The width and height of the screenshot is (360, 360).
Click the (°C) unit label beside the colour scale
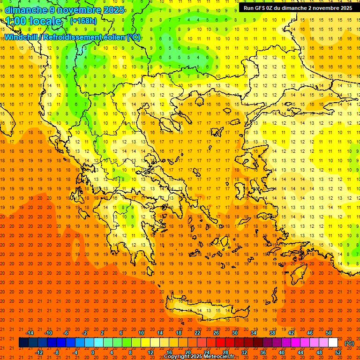349,343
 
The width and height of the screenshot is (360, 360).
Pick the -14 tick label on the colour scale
30,333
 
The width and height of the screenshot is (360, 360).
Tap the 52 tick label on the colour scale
338,352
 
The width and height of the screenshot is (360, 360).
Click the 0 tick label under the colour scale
93,352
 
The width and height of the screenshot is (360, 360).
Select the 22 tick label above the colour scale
197,333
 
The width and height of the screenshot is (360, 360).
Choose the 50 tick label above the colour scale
329,333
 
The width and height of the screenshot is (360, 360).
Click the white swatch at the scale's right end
333,343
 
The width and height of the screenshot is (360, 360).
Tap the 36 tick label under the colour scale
262,352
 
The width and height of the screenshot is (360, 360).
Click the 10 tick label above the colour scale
141,333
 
